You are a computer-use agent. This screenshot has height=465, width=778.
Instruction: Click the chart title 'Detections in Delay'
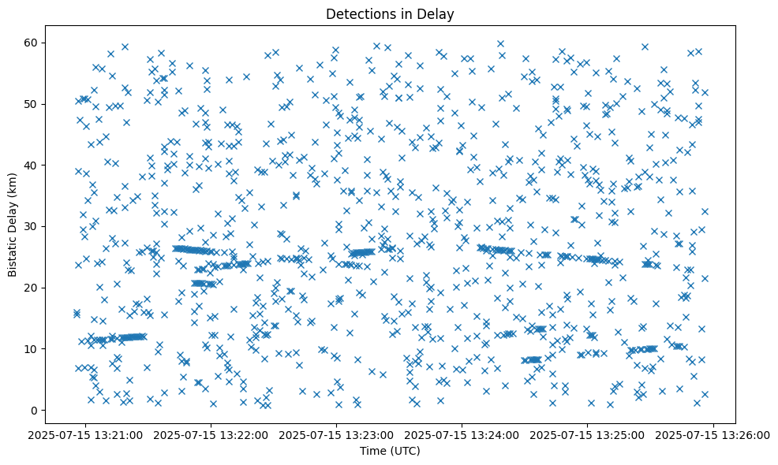pyautogui.click(x=390, y=13)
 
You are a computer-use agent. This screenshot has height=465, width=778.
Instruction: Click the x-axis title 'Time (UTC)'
pyautogui.click(x=390, y=451)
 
